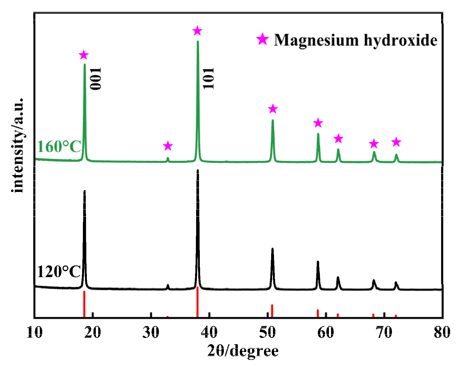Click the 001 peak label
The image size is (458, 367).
tap(96, 79)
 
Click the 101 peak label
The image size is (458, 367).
tap(209, 78)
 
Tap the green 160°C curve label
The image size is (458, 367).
tap(59, 147)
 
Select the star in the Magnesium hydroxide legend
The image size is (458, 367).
tap(262, 39)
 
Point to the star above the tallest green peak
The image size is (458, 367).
tap(197, 31)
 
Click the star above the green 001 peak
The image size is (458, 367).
tap(84, 55)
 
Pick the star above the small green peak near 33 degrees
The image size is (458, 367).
tap(168, 146)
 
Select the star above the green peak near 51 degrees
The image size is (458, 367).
tap(273, 109)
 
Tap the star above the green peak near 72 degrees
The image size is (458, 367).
tap(396, 142)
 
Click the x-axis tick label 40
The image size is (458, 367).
tap(209, 332)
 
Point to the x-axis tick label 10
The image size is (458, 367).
tap(35, 332)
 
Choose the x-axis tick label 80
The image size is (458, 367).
tap(442, 332)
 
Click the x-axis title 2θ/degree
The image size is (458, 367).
tap(243, 351)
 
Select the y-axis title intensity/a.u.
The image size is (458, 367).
tap(18, 145)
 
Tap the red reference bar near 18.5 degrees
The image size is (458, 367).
tap(84, 304)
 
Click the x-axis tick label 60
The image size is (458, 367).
tap(326, 332)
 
